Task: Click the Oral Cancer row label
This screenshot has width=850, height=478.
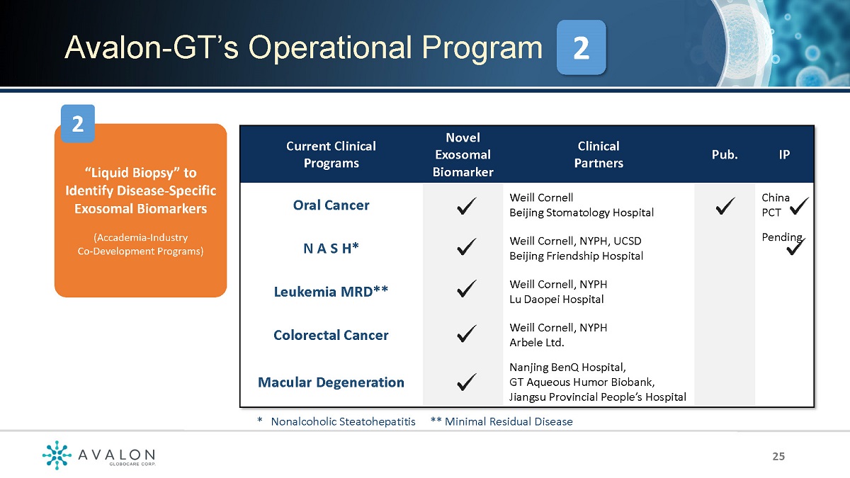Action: pos(331,205)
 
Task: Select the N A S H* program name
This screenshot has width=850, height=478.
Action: pos(331,249)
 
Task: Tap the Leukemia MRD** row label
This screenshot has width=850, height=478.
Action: pos(331,292)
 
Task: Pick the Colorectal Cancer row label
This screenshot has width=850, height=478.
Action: pos(331,335)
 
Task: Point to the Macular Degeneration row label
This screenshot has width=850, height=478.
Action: pos(331,382)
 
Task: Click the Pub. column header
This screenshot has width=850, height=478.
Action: pos(725,155)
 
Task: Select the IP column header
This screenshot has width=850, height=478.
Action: pos(784,155)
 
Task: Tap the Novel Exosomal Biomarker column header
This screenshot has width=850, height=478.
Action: pos(463,155)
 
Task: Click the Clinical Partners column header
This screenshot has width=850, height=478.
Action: pos(599,155)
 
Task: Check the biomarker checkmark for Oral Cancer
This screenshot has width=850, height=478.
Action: pos(466,206)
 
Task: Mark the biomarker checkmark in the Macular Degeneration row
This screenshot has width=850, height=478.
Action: pos(466,382)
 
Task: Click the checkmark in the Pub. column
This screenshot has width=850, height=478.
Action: pos(725,206)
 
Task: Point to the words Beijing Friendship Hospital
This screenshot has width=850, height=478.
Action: pos(576,256)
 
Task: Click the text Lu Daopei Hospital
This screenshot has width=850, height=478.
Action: pos(556,300)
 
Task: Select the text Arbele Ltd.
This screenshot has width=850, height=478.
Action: pos(537,343)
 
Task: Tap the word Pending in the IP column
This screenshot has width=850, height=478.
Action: pos(782,237)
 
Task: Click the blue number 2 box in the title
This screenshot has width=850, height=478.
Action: pos(581,47)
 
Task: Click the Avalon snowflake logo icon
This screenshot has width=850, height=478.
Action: pos(57,455)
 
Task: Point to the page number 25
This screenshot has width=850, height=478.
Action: pos(778,456)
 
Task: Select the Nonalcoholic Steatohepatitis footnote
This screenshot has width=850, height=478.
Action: pos(343,422)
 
